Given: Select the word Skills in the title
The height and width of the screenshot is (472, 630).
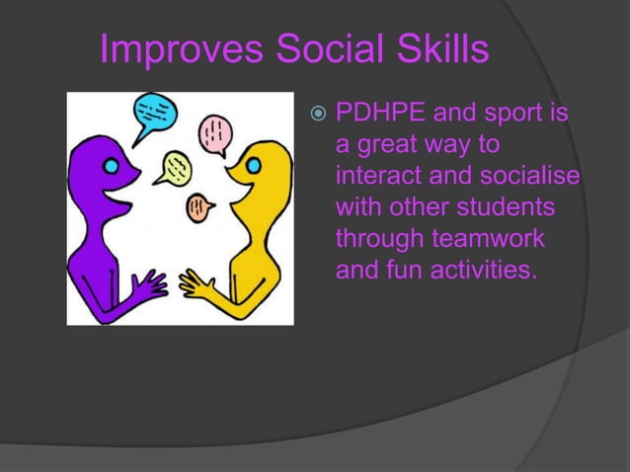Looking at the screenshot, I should pyautogui.click(x=434, y=50).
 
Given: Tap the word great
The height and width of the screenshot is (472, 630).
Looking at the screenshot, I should pyautogui.click(x=396, y=145).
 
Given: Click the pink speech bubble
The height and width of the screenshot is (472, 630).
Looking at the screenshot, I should pyautogui.click(x=214, y=132).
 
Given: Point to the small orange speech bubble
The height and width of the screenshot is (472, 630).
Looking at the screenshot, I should pyautogui.click(x=199, y=206).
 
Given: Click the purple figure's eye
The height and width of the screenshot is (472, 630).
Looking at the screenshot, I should pyautogui.click(x=113, y=165).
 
